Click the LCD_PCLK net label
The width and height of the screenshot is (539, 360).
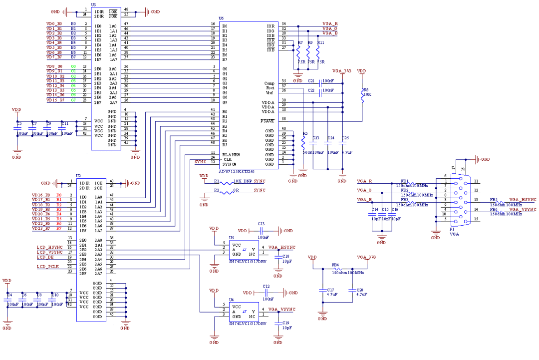tap(47, 267)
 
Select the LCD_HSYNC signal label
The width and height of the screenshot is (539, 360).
tap(50, 247)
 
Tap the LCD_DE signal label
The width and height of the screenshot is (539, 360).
tap(45, 257)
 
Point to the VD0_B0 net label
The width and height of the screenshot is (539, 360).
tap(54, 23)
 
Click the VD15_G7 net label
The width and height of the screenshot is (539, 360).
tap(55, 100)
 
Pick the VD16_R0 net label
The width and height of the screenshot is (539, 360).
tap(41, 195)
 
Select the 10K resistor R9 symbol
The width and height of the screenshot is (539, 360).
tap(363, 95)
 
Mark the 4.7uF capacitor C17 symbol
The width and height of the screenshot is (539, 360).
tap(322, 290)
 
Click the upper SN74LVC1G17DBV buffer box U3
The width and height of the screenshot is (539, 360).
tap(244, 250)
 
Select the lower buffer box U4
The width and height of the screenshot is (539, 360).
tap(244, 312)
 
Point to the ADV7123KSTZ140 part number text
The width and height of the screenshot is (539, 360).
tap(237, 172)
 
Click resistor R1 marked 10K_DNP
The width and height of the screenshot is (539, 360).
tap(227, 183)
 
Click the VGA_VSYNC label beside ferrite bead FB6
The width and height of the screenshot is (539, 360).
tap(523, 210)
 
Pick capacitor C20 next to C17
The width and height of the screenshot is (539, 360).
tap(352, 290)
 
